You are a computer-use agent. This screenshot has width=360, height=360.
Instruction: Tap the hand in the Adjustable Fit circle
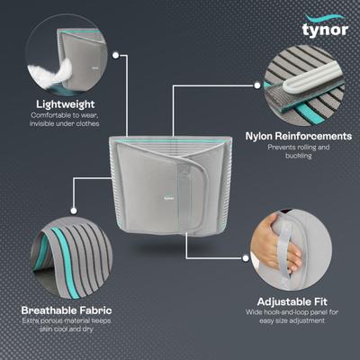click(286, 257)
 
